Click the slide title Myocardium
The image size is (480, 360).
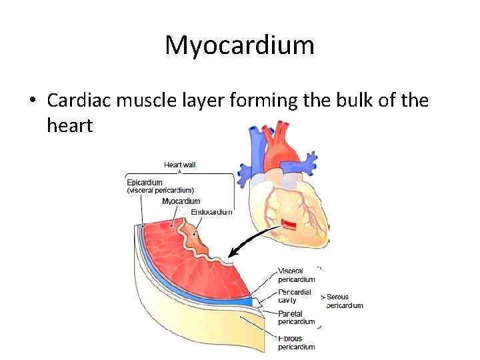[239, 45]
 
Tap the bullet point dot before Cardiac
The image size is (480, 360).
[31, 101]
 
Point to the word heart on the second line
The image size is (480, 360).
[69, 125]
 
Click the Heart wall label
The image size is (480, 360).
[180, 165]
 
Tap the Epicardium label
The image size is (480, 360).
[145, 182]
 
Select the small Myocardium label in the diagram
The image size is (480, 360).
[181, 201]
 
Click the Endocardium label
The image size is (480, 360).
[212, 212]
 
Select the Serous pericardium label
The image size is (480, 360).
[345, 301]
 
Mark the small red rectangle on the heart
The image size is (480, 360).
[288, 224]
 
